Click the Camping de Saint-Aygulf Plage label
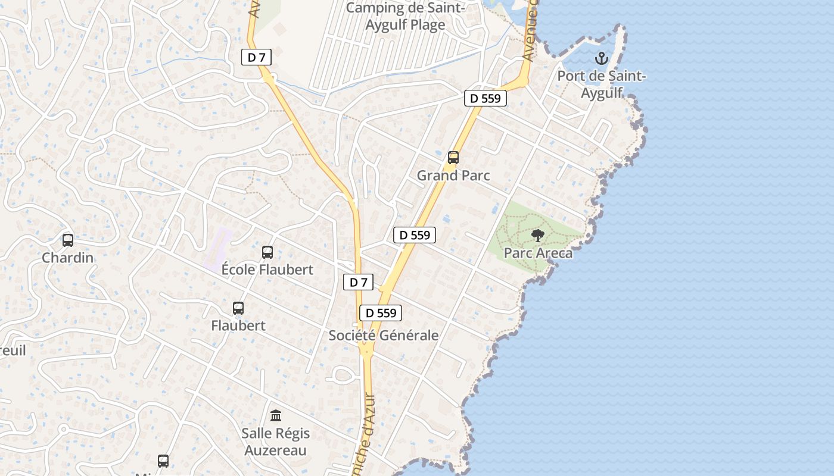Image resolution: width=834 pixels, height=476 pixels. point(404,16)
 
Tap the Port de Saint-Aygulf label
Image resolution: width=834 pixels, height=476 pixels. point(602,84)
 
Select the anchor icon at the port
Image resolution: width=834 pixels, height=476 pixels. point(602,58)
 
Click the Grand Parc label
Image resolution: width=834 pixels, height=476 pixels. point(453,176)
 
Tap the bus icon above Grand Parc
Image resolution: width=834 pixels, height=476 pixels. point(453,158)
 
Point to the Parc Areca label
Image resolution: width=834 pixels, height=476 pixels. point(538,253)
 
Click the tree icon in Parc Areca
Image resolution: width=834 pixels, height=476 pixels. point(538,236)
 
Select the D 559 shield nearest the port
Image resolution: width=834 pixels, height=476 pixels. point(486,98)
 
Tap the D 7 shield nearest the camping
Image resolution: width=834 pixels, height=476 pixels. point(257,57)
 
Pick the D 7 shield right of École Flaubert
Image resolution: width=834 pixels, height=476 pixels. point(358,282)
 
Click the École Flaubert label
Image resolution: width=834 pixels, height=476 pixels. point(267,270)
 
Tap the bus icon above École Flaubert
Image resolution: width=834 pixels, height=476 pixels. point(267,252)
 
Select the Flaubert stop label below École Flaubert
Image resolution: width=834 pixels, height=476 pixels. point(238,325)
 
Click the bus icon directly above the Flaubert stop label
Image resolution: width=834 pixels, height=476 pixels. point(238,308)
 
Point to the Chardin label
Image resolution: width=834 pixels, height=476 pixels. point(68,258)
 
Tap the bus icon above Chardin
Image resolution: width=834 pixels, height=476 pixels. point(68,240)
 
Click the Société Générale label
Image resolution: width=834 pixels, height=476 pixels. point(384,336)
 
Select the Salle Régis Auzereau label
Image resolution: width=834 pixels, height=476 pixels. point(275,441)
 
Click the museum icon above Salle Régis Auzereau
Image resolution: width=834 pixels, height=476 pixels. point(276,415)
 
